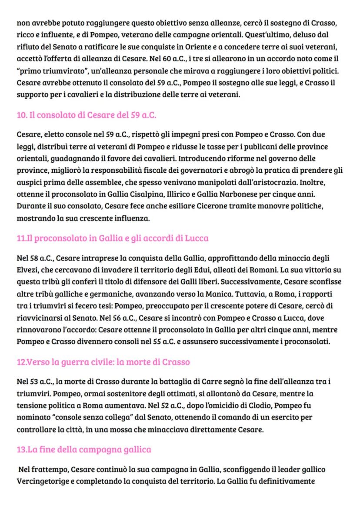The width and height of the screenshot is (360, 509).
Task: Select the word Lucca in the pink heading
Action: tap(197, 238)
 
